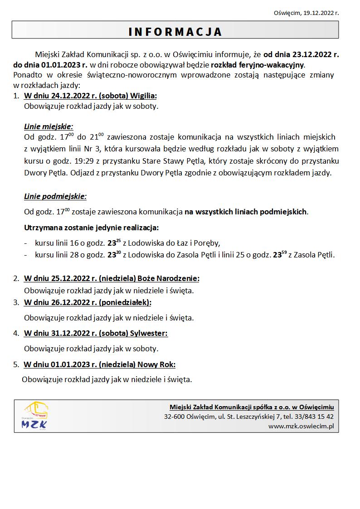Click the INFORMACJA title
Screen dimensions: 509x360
(175, 31)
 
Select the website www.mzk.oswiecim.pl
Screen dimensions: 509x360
(301, 426)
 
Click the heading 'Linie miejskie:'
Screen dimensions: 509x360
(49, 126)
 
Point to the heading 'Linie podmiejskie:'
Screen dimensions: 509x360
(55, 196)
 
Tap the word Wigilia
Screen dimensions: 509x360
(143, 96)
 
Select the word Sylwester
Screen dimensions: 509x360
(149, 333)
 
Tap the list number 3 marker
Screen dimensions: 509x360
(16, 302)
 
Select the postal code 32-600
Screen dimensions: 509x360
(174, 417)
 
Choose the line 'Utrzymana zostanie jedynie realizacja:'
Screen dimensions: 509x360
(91, 227)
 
